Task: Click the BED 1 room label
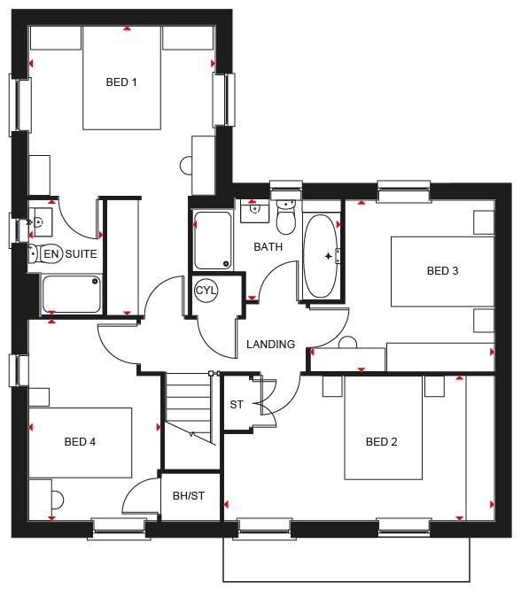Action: point(121,82)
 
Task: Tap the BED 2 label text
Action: point(381,441)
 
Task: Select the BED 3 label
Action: point(442,270)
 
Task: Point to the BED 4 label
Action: point(80,441)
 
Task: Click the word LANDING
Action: point(270,344)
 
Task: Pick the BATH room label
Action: point(268,247)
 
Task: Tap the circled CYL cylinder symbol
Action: point(206,291)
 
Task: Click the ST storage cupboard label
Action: point(237,405)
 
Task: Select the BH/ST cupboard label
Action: point(189,495)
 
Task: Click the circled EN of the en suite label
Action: point(51,254)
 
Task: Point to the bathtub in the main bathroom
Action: point(321,256)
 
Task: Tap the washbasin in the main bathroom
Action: point(255,211)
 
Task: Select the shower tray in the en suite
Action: point(71,294)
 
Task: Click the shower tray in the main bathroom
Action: point(213,240)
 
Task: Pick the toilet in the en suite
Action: point(34,253)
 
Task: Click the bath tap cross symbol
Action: point(328,256)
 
